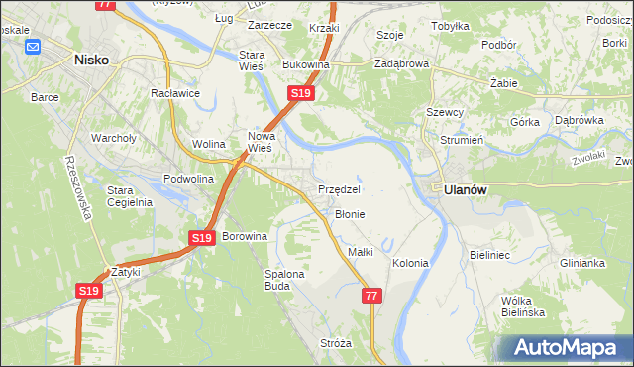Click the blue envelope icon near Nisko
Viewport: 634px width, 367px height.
(33, 46)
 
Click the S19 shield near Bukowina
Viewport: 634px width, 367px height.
(301, 93)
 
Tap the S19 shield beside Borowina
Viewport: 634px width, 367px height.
(202, 238)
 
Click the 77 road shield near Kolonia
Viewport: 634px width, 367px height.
(371, 296)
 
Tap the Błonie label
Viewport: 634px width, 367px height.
(350, 214)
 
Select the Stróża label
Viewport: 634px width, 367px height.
(336, 343)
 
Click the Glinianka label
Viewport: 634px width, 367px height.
(581, 263)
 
